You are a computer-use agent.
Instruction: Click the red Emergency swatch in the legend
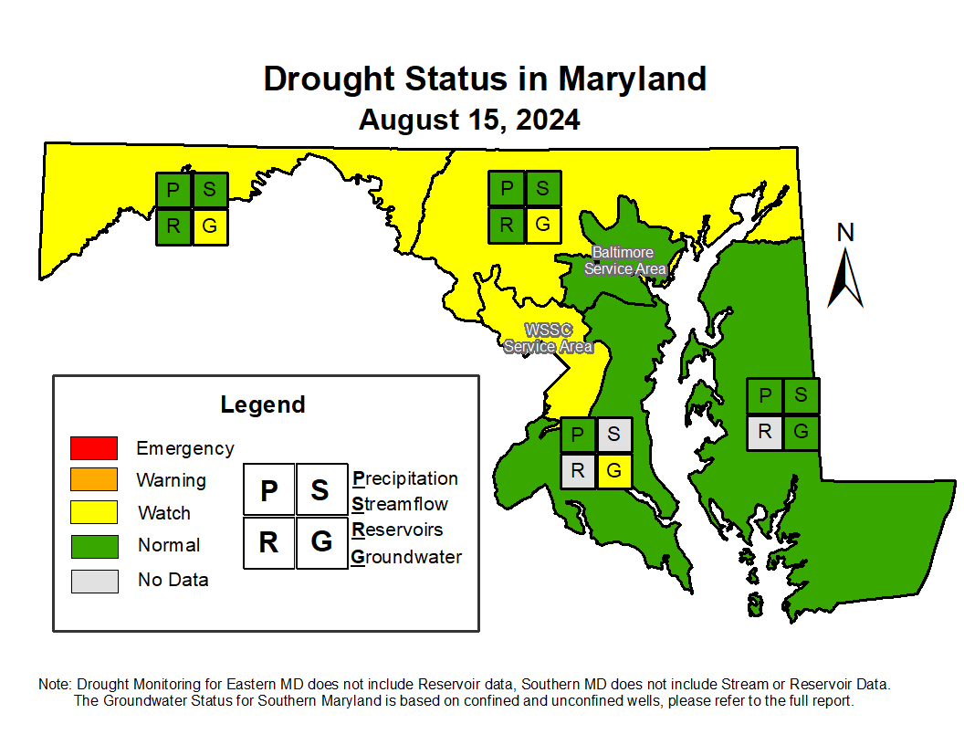coord(93,448)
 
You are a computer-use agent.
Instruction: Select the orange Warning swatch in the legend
coord(93,480)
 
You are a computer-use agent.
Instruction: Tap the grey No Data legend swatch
coord(94,581)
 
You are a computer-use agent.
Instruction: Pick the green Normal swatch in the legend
coord(94,546)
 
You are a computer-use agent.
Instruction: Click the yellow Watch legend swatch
coord(94,512)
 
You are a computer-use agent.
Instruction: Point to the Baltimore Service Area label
coord(624,260)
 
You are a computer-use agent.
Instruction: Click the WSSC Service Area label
coord(548,338)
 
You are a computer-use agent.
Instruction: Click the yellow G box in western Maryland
coord(210,226)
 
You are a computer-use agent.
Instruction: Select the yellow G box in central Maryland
coord(543,225)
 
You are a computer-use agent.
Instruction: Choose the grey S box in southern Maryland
coord(613,435)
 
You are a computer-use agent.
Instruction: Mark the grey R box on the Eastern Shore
coord(765,432)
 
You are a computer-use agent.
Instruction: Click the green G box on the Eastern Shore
coord(801,432)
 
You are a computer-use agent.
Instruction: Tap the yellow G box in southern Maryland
coord(613,471)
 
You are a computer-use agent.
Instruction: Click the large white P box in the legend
coord(268,490)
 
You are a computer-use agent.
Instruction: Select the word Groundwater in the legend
coord(406,557)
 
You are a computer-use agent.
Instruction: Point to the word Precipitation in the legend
coord(405,478)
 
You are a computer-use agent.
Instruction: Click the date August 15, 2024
coord(469,120)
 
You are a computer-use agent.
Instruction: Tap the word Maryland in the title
coord(632,79)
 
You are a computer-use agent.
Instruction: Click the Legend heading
coord(263,404)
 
